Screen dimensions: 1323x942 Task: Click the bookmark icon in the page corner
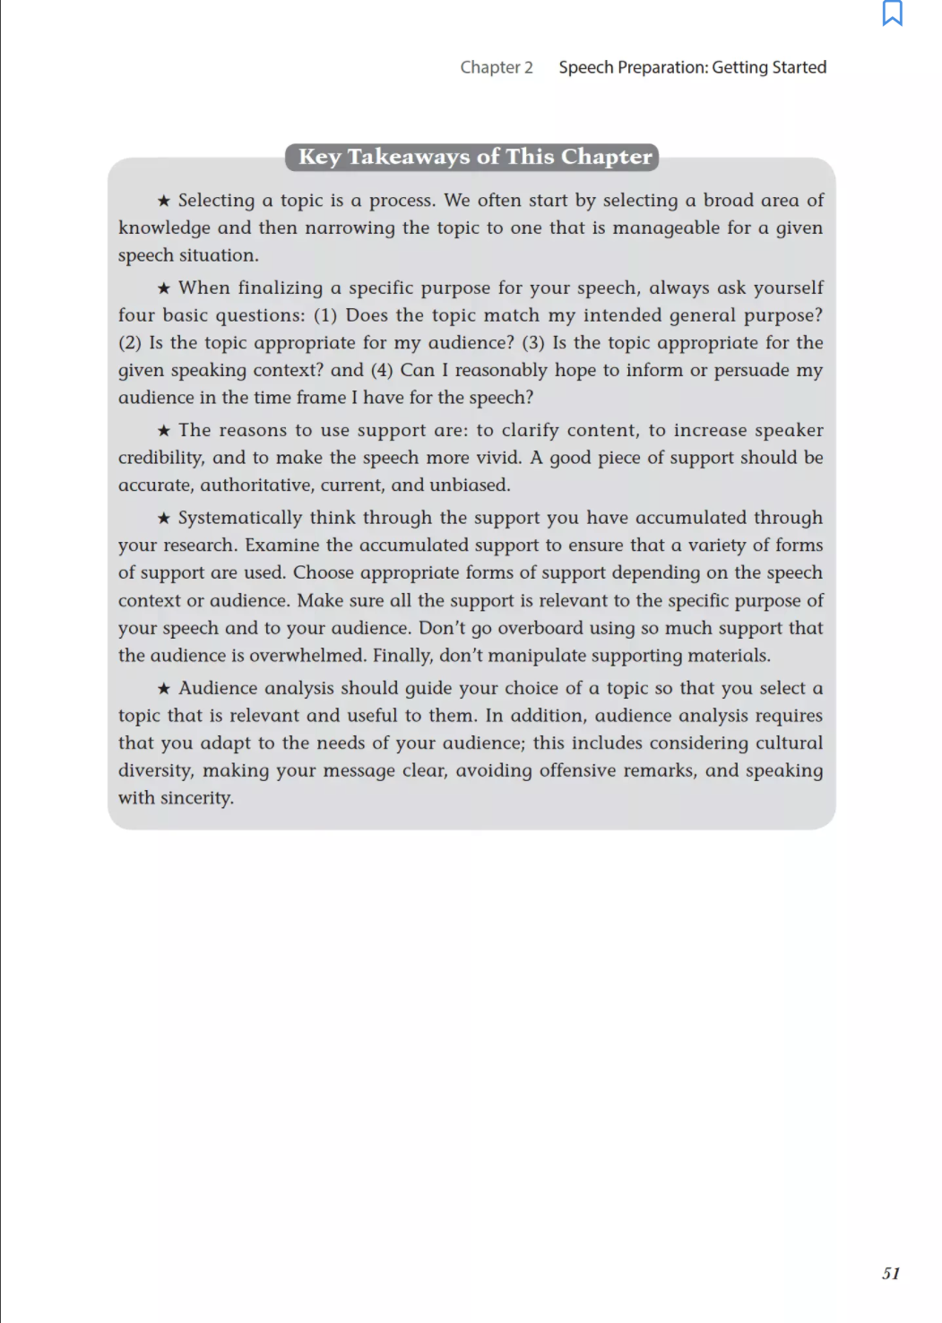click(x=892, y=13)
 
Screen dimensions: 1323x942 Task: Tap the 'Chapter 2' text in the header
click(x=496, y=67)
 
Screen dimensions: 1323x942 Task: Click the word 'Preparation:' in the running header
click(x=662, y=67)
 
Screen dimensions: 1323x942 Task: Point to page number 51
click(x=890, y=1273)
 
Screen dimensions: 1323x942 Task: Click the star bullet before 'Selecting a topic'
click(x=164, y=201)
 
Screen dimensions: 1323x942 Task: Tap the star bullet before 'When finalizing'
click(x=164, y=288)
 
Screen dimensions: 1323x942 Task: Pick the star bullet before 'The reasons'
click(x=164, y=431)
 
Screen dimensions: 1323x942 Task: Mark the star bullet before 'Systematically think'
click(x=164, y=518)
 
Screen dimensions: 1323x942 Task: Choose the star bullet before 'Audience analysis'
click(x=164, y=689)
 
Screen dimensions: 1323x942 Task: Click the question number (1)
click(x=324, y=315)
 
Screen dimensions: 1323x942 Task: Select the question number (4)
click(x=382, y=370)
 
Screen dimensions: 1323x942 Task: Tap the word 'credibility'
click(x=160, y=458)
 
